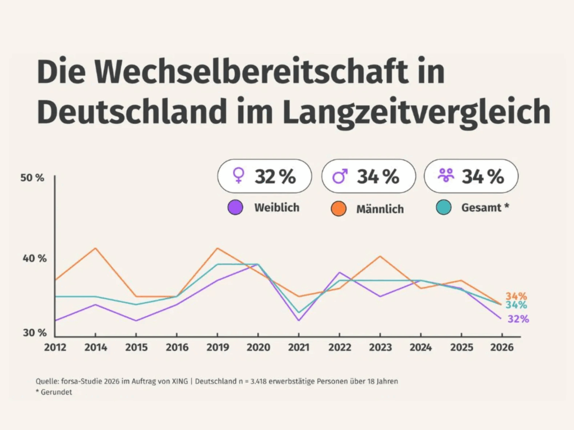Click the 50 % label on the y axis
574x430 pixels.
click(x=33, y=178)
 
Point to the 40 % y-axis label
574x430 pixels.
click(x=34, y=258)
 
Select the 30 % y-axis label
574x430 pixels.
click(x=34, y=332)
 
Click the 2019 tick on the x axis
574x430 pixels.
click(x=217, y=348)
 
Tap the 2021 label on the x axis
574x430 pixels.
click(x=299, y=348)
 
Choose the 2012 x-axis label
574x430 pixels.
click(x=55, y=348)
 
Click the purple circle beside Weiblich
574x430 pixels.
click(x=235, y=207)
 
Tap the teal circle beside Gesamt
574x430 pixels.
click(x=443, y=207)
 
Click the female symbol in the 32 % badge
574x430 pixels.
click(x=238, y=177)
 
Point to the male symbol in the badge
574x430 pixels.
click(x=340, y=177)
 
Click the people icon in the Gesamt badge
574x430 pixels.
click(x=446, y=177)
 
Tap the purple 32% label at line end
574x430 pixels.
click(x=518, y=319)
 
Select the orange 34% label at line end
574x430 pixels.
click(x=516, y=296)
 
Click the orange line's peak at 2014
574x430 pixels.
click(x=96, y=248)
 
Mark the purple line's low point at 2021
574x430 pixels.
click(x=299, y=320)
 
